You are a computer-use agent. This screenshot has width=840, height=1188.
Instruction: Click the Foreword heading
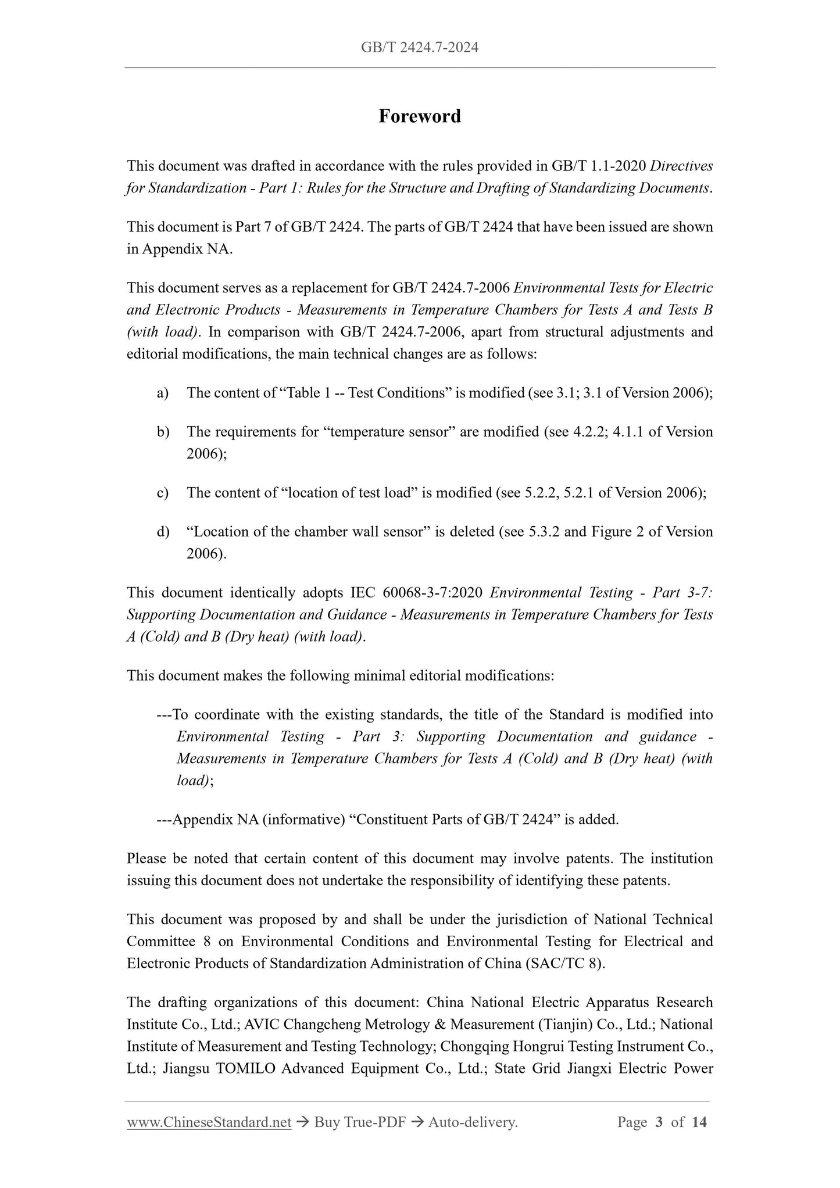[x=420, y=116]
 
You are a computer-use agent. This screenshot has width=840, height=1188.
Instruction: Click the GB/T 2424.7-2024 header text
[x=420, y=48]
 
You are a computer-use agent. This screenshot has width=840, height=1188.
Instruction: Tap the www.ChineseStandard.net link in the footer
[x=209, y=1122]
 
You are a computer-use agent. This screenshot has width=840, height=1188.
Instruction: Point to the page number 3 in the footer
[x=659, y=1122]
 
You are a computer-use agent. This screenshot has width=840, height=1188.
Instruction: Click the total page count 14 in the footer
[x=699, y=1122]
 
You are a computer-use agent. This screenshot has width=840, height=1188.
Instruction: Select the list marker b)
[x=163, y=432]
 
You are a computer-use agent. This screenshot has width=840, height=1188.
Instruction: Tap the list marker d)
[x=163, y=532]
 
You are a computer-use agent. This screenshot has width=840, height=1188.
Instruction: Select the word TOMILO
[x=245, y=1068]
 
